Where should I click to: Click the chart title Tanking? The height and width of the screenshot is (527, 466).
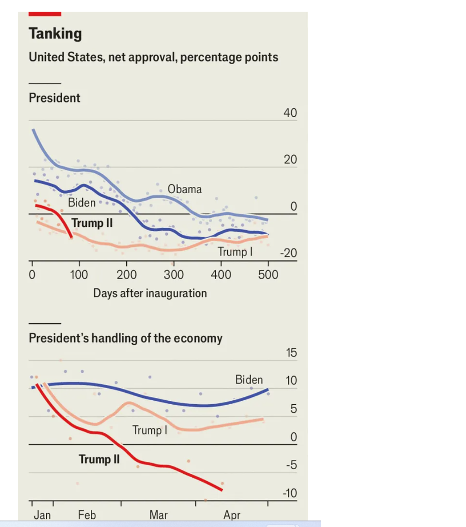(x=55, y=34)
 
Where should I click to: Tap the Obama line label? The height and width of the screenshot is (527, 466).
(x=185, y=189)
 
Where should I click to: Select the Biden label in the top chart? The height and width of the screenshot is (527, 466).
(x=82, y=203)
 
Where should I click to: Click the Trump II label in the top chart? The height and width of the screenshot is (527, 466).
(x=92, y=223)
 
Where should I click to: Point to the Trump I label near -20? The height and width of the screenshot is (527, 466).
(x=235, y=252)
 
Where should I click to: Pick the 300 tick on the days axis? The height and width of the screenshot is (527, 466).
(x=173, y=275)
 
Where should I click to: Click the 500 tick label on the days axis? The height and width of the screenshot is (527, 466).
(x=268, y=275)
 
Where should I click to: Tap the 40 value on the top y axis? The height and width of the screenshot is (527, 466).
(x=290, y=113)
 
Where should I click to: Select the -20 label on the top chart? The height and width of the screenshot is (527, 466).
(x=288, y=253)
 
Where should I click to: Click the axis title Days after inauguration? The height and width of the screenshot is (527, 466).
(x=150, y=293)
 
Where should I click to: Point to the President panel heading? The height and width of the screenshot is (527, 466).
(x=54, y=98)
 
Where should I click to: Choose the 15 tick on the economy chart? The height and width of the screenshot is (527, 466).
(x=291, y=353)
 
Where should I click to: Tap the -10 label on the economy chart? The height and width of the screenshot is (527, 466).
(x=290, y=493)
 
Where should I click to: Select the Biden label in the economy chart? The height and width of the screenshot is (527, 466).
(x=249, y=380)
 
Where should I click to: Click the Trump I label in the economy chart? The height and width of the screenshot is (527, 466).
(x=150, y=430)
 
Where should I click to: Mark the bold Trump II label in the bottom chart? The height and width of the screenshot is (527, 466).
(x=99, y=459)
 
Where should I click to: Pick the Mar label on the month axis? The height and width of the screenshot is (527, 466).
(x=158, y=515)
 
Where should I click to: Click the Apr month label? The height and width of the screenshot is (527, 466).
(x=232, y=515)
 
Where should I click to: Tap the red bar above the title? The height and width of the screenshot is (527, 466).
(x=45, y=14)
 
